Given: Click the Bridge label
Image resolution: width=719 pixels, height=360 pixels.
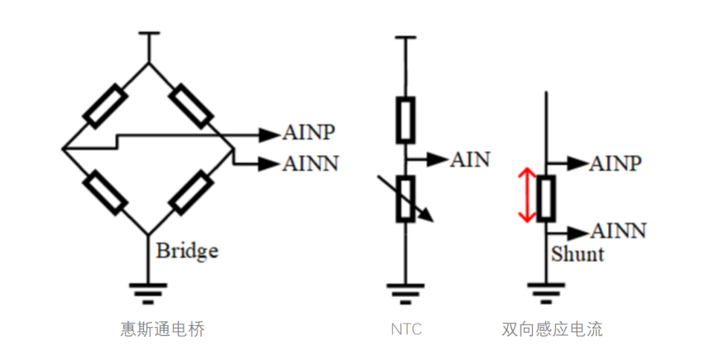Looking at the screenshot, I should [x=188, y=250].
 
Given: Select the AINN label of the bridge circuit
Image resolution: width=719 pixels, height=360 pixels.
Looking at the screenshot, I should [x=311, y=163].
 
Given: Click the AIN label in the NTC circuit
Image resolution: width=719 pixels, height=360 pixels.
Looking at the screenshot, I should [x=470, y=159].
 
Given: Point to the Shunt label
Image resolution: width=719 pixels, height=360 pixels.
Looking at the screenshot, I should [x=578, y=252].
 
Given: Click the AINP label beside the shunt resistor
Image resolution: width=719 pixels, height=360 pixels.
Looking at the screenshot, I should [x=616, y=163].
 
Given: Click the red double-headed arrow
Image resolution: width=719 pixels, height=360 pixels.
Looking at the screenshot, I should [x=525, y=195].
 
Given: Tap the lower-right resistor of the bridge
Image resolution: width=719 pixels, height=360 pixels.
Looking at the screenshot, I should [x=191, y=192].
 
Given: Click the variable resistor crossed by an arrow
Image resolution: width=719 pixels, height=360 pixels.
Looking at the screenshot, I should [x=405, y=199].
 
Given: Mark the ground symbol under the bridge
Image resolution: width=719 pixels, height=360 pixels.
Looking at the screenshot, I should [x=149, y=289].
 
